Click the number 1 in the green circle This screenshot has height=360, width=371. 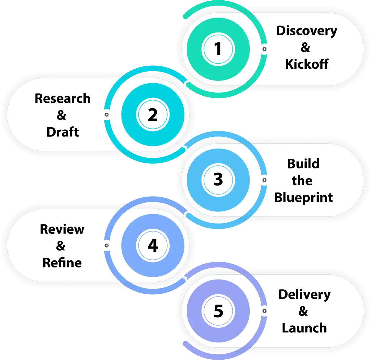[x=218, y=49]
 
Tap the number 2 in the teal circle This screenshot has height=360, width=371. [x=153, y=115]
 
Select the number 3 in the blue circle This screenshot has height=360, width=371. [x=218, y=180]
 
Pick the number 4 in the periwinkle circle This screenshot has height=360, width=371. [x=153, y=245]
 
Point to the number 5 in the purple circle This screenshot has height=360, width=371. [x=218, y=311]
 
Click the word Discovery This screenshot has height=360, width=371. [x=306, y=31]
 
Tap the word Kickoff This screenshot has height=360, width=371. [x=306, y=64]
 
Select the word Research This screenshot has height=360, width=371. [x=62, y=98]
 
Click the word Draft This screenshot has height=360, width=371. [x=63, y=132]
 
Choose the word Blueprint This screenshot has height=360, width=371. [x=303, y=197]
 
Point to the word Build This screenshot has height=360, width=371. [x=303, y=164]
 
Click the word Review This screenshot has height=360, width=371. [x=62, y=229]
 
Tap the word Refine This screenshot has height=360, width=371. [x=62, y=263]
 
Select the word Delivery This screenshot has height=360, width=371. [x=304, y=295]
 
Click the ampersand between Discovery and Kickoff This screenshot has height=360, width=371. [x=305, y=47]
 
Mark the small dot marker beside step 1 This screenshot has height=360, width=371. [x=264, y=49]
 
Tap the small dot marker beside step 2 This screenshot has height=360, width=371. [x=107, y=115]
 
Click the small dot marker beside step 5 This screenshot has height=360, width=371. [x=264, y=311]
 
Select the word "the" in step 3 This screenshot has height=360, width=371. [x=302, y=180]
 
